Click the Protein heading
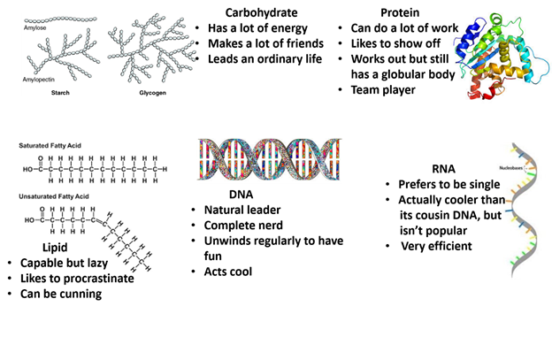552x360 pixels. (x=400, y=12)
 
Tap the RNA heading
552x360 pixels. (x=444, y=168)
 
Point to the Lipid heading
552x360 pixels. (x=55, y=247)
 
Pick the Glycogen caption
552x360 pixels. (x=152, y=91)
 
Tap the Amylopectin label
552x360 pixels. (x=41, y=80)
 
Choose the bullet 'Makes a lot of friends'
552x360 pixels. (x=261, y=43)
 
